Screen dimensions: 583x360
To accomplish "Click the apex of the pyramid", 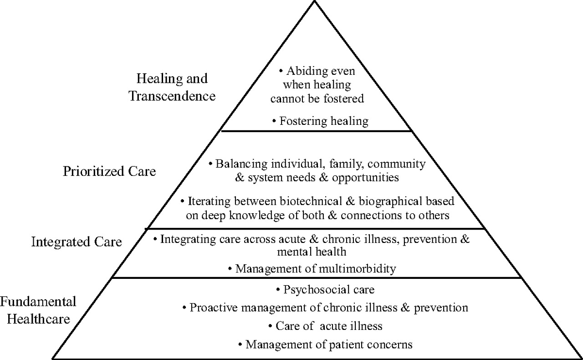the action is click(314, 1).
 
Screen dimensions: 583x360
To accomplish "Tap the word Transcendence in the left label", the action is click(172, 96).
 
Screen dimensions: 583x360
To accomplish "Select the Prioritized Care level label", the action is click(109, 171).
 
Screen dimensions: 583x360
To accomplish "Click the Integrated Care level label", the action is click(77, 242).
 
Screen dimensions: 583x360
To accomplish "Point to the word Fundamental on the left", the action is click(38, 302).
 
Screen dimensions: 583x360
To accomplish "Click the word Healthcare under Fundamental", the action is click(39, 319).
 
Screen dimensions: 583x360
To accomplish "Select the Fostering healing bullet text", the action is click(320, 121).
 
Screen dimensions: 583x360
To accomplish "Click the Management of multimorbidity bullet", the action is click(312, 268).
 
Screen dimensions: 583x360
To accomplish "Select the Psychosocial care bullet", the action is click(325, 289).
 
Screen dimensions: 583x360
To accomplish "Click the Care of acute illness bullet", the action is click(325, 326).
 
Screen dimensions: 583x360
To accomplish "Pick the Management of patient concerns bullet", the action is click(325, 345).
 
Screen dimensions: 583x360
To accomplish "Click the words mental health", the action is click(312, 252).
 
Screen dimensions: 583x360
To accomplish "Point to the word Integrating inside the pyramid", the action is click(188, 239).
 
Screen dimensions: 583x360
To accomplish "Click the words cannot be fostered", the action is click(317, 98).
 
